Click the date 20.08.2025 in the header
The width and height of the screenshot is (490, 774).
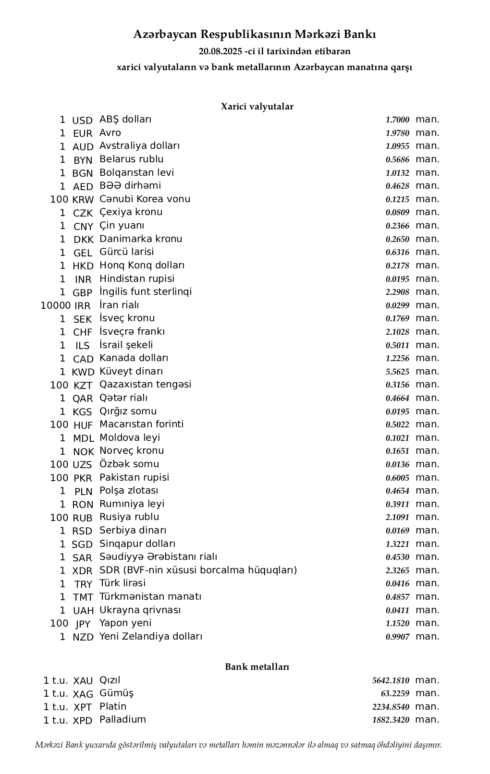click(x=220, y=51)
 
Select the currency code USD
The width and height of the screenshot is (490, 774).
click(x=82, y=121)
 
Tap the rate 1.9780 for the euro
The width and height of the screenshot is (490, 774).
click(x=397, y=133)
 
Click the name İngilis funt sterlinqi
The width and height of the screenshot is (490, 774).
click(x=146, y=292)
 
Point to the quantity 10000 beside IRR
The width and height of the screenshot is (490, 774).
click(x=56, y=305)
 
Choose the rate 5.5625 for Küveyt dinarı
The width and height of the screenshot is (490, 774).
click(x=397, y=372)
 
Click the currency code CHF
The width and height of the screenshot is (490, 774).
click(x=83, y=332)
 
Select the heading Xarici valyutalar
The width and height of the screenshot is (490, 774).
click(x=257, y=107)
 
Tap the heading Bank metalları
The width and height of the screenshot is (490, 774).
click(x=257, y=667)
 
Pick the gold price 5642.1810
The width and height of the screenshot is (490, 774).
click(x=391, y=681)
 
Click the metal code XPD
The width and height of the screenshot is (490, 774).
click(x=83, y=721)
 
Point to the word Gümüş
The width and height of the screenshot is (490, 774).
click(x=117, y=693)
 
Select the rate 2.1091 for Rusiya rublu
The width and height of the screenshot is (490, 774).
click(x=397, y=518)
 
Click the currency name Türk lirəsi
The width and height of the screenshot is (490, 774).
click(x=122, y=583)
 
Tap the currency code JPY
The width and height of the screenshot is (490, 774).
click(x=83, y=624)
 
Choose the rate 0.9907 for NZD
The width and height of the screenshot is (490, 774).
click(x=397, y=637)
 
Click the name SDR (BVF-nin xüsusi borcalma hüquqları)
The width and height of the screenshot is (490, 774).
click(x=198, y=570)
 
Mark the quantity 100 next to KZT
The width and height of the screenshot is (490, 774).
click(x=59, y=385)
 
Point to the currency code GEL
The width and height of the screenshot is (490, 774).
click(x=83, y=253)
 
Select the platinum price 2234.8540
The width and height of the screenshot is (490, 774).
click(x=391, y=707)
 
